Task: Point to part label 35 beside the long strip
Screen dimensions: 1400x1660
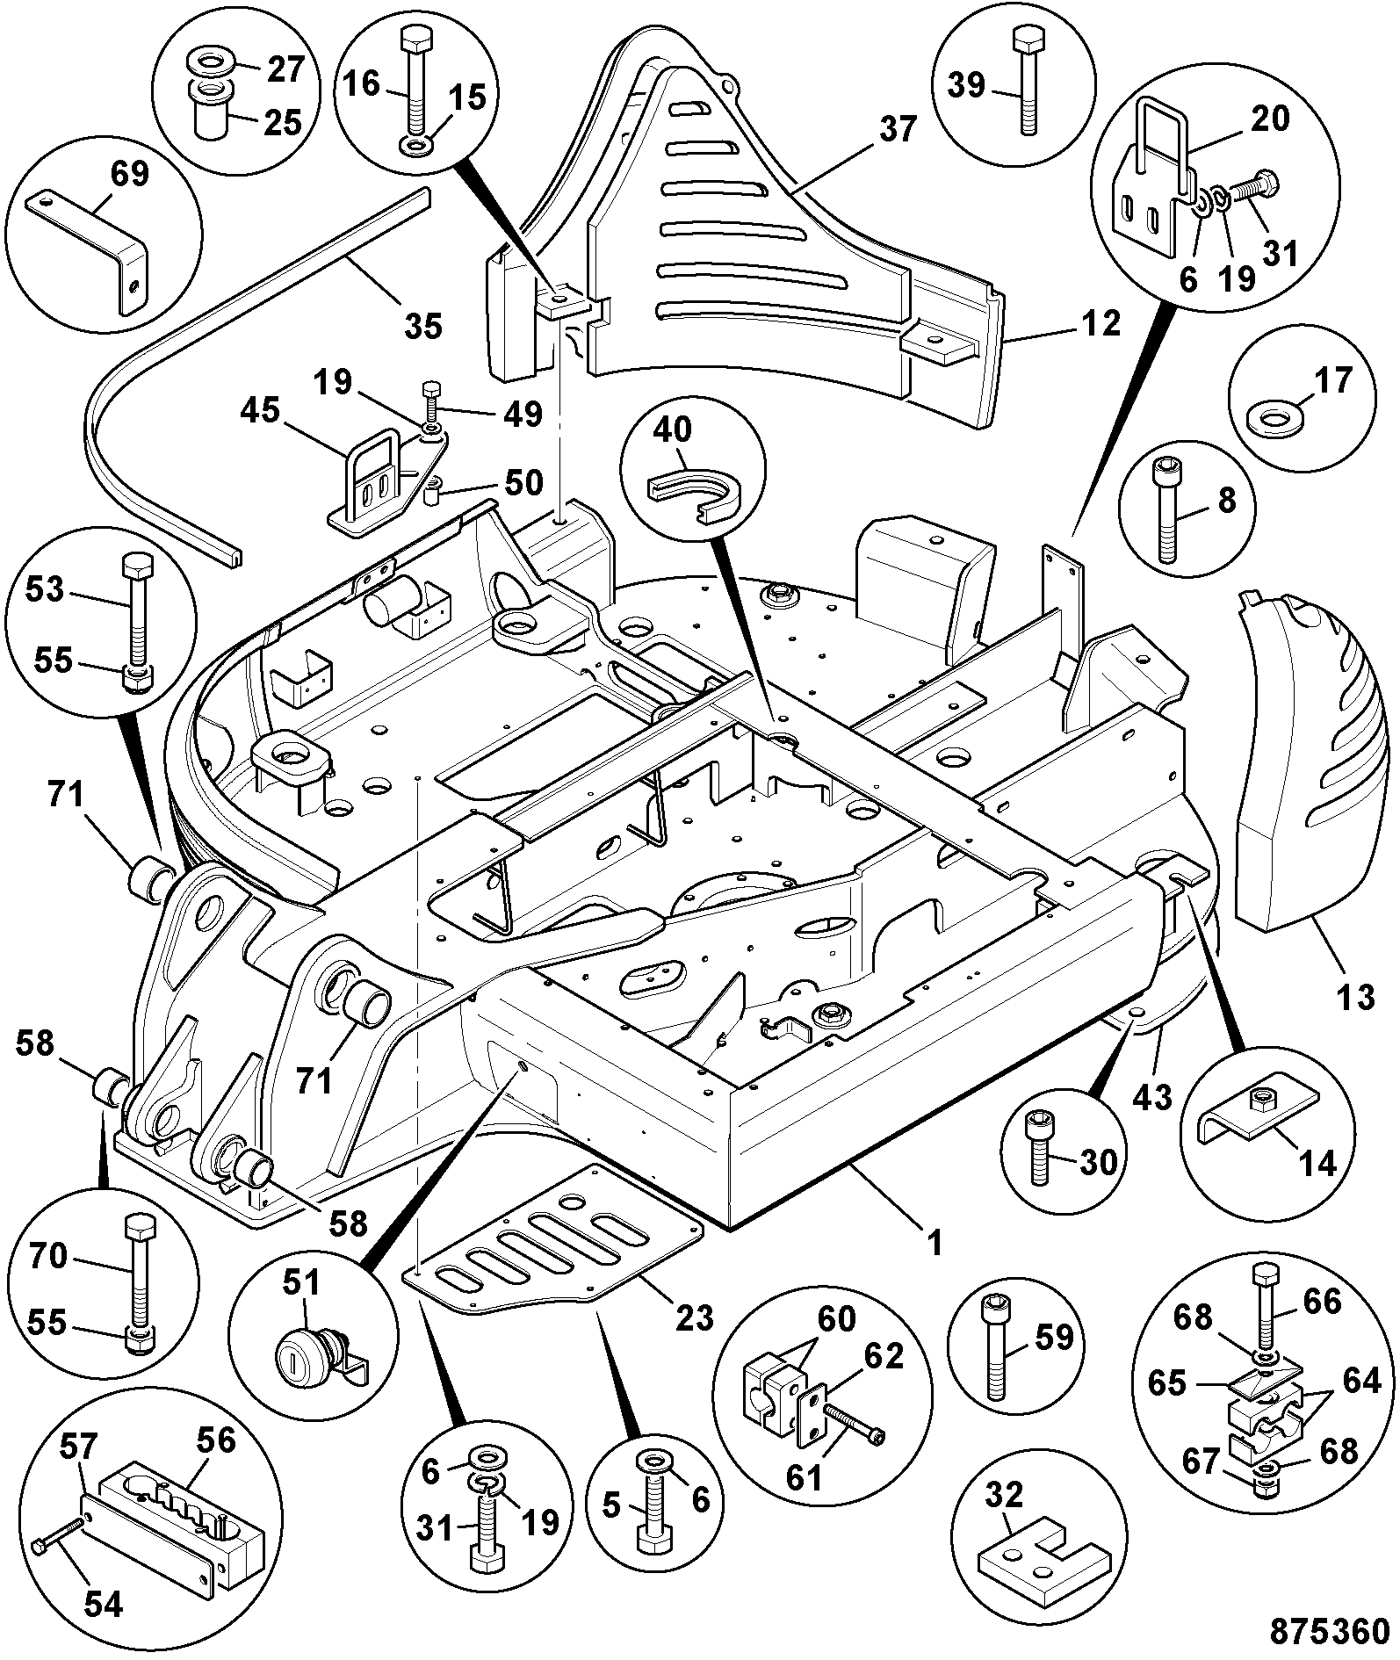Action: coord(422,326)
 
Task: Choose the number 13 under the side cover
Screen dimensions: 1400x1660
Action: coord(1355,997)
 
